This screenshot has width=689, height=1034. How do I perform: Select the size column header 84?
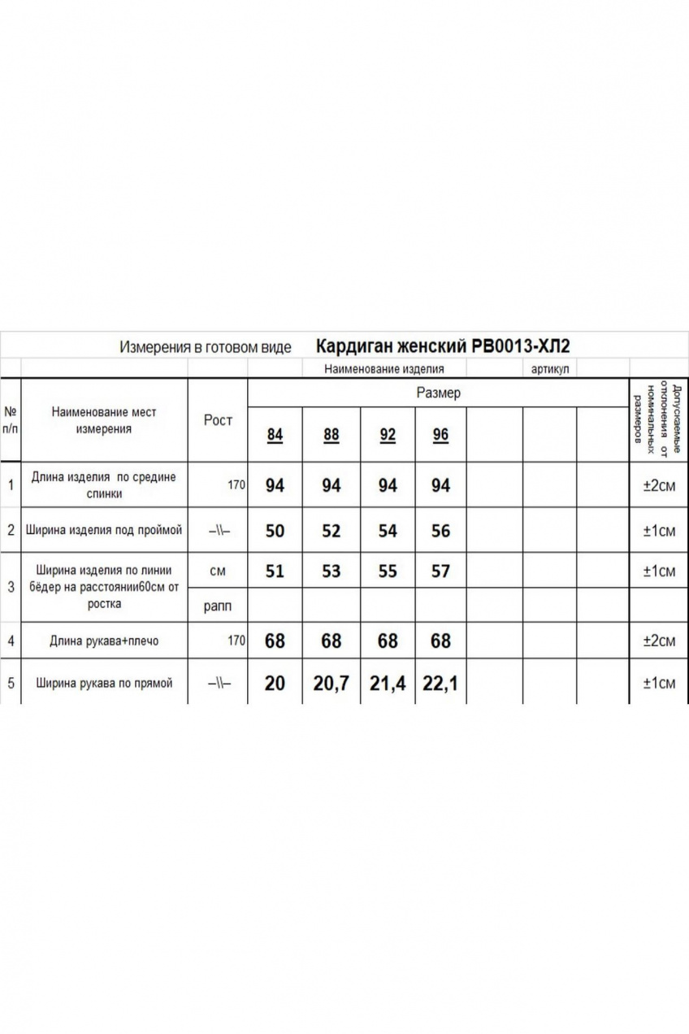(x=275, y=435)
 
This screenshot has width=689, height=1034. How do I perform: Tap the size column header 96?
(x=440, y=435)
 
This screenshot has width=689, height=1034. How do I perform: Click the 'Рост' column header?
(x=218, y=420)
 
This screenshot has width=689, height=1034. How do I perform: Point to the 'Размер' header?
(x=439, y=393)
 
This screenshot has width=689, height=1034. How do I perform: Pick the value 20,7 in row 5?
(x=331, y=684)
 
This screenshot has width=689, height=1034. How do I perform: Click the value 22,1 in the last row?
(x=440, y=684)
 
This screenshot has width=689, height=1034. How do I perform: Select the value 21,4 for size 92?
(x=388, y=684)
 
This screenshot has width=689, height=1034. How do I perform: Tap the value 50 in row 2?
(x=275, y=531)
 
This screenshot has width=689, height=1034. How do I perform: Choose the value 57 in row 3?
(x=440, y=571)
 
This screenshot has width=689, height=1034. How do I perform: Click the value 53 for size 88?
(x=331, y=571)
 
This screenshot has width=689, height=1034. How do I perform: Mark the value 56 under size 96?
(x=440, y=531)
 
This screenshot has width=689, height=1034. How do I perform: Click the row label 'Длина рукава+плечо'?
(x=105, y=641)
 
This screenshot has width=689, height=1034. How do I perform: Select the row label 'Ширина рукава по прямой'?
(x=105, y=683)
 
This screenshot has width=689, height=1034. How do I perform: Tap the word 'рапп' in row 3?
(x=217, y=606)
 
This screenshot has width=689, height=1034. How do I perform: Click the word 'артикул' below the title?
(x=550, y=369)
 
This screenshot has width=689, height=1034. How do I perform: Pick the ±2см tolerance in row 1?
(x=659, y=485)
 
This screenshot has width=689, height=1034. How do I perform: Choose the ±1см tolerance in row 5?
(x=659, y=683)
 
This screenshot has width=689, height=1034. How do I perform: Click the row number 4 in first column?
(x=11, y=641)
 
